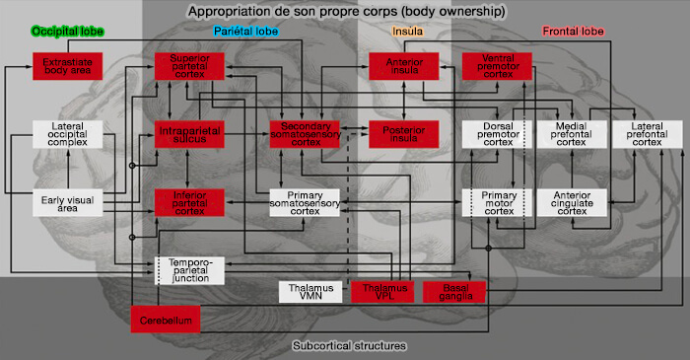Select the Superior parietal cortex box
coord(188,67)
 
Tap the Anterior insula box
coord(403,67)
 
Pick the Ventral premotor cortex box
coord(497,67)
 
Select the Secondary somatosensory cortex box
coord(305,135)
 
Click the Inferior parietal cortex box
coord(188,202)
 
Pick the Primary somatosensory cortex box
coord(305,202)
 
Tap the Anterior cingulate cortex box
coord(571,202)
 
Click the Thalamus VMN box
coord(310,292)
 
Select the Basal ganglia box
coord(453,292)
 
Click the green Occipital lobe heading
coord(68,32)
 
